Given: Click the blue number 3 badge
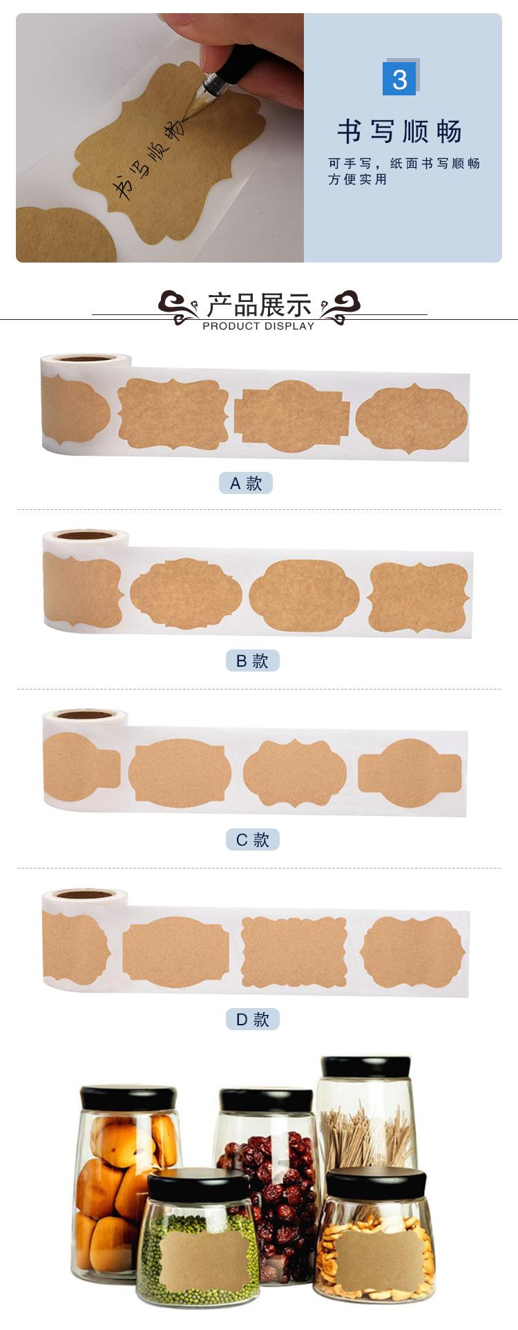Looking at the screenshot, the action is pyautogui.click(x=399, y=79).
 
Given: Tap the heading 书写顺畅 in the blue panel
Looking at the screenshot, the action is pyautogui.click(x=399, y=131).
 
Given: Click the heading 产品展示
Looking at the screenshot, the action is pyautogui.click(x=259, y=305).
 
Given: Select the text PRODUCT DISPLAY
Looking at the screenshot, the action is pyautogui.click(x=258, y=326).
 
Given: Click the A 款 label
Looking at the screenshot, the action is pyautogui.click(x=246, y=483).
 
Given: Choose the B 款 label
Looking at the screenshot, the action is pyautogui.click(x=252, y=661).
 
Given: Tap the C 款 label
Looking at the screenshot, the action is pyautogui.click(x=252, y=839).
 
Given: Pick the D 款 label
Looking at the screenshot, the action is pyautogui.click(x=252, y=1019).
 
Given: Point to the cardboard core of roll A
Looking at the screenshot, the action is pyautogui.click(x=86, y=358).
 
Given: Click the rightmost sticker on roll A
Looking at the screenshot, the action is pyautogui.click(x=412, y=418).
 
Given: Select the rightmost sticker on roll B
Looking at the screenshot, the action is pyautogui.click(x=419, y=597).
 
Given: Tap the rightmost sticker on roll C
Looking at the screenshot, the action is pyautogui.click(x=410, y=773).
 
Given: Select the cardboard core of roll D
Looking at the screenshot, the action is pyautogui.click(x=86, y=895).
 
